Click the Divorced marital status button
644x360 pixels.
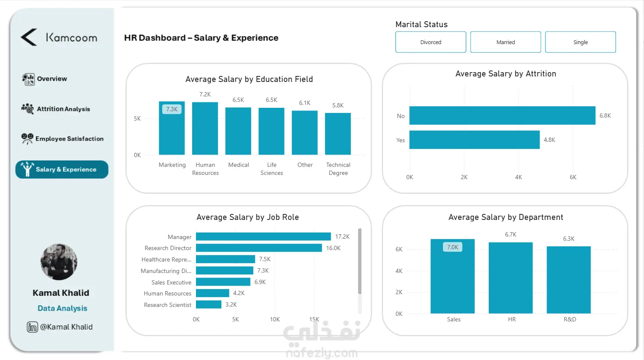click(x=431, y=42)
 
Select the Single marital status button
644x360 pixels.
click(x=580, y=42)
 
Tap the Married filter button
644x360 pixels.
click(x=505, y=42)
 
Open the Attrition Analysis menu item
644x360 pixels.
click(x=63, y=109)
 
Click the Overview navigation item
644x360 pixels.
click(x=51, y=79)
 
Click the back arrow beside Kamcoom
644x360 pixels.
click(x=29, y=37)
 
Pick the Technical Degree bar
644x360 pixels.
click(x=338, y=134)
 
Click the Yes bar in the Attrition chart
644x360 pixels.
click(x=474, y=140)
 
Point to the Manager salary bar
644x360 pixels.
click(x=263, y=236)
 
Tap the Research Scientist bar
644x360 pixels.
click(x=208, y=304)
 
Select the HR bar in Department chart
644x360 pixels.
click(x=510, y=278)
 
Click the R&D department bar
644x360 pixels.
click(x=568, y=280)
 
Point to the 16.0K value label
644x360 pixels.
click(x=333, y=248)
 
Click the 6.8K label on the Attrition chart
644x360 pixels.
click(x=605, y=115)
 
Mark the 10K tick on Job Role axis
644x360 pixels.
click(x=275, y=319)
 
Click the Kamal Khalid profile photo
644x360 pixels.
click(x=59, y=262)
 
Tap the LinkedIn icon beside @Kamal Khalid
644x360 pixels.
click(x=32, y=327)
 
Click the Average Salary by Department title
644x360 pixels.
click(x=506, y=217)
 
